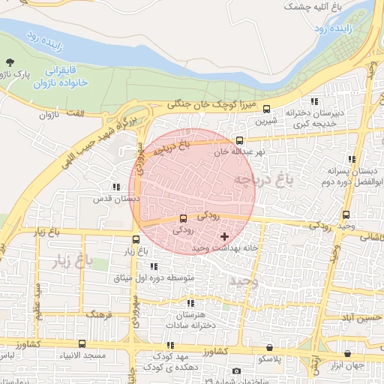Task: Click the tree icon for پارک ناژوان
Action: click(x=9, y=62)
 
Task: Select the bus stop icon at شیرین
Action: click(x=266, y=109)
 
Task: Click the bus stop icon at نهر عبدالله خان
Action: click(x=239, y=140)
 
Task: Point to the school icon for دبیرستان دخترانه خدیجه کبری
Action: click(x=314, y=102)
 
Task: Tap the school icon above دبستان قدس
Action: click(x=115, y=187)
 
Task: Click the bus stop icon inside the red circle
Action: click(x=184, y=218)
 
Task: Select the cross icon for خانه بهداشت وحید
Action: click(x=224, y=236)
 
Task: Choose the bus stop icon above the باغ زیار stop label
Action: click(x=134, y=239)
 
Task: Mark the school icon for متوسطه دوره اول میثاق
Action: click(x=154, y=266)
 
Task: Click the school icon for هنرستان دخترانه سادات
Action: click(x=190, y=303)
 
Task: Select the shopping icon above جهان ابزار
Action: click(x=347, y=353)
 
